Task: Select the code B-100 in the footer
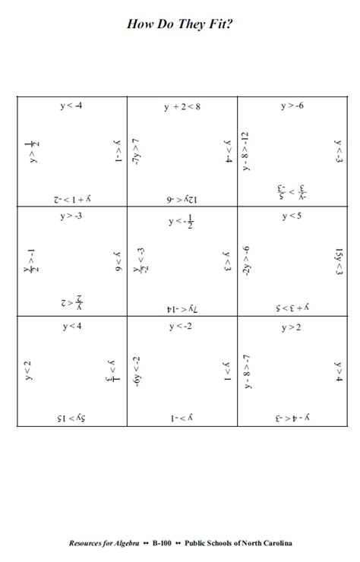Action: pos(161,543)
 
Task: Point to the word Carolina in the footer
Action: pos(276,543)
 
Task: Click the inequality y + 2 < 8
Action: pos(182,107)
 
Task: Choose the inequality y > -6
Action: pos(292,106)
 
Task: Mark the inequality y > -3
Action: pos(72,216)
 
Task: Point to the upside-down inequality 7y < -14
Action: pos(182,308)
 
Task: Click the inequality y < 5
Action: pos(292,216)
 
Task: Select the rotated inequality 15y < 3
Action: pos(339,260)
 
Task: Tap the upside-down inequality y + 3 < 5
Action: pos(292,308)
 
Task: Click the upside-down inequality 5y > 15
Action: pos(72,418)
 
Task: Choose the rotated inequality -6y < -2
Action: pos(136,371)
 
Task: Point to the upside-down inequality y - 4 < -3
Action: pos(292,418)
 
